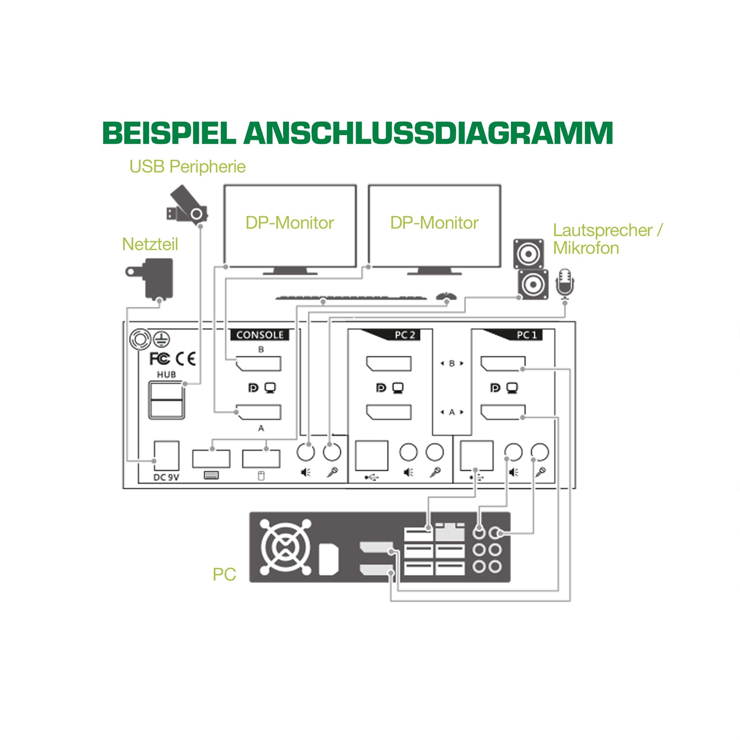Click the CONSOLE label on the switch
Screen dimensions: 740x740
260,335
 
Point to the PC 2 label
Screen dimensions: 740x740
405,335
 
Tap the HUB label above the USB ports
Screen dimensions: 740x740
166,374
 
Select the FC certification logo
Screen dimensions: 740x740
159,359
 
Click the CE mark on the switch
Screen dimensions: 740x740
186,359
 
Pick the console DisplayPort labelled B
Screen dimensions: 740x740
259,364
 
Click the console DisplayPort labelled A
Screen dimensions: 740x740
259,412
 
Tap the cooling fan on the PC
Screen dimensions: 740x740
286,547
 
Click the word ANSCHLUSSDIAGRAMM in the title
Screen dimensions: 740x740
428,133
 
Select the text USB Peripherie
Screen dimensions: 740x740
187,167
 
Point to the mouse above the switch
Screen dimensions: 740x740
446,296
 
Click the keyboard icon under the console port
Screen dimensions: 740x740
211,476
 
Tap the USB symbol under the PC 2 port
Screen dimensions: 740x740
371,477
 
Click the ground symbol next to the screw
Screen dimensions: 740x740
161,338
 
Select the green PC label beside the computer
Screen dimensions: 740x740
224,574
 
